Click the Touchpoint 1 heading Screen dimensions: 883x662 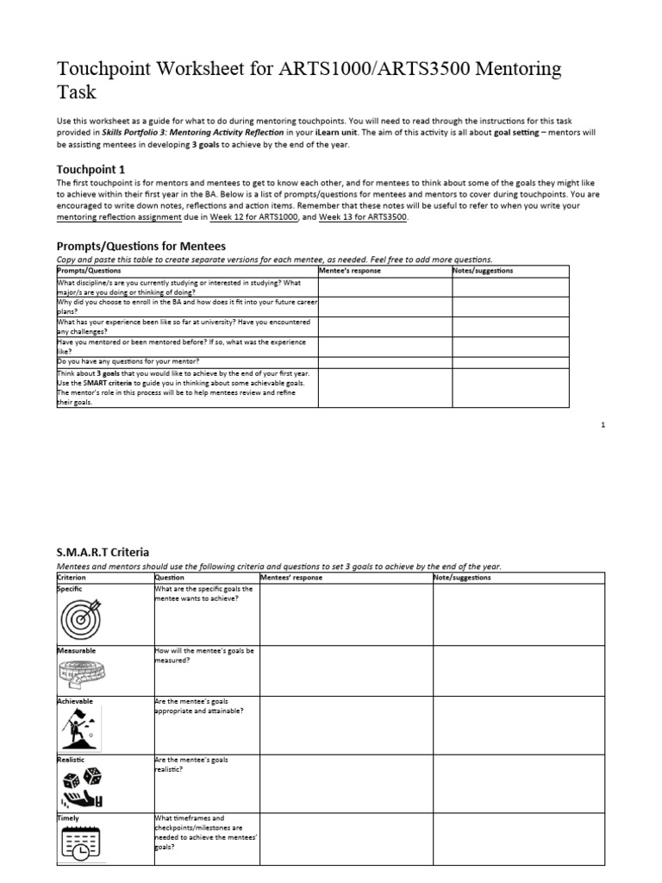click(91, 169)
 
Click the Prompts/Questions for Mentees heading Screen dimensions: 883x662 click(141, 246)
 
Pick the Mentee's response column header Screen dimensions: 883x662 click(350, 271)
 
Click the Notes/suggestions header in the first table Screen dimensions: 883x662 click(483, 271)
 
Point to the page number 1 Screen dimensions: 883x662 click(603, 425)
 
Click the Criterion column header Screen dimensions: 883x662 click(73, 577)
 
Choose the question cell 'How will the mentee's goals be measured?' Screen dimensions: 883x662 click(203, 655)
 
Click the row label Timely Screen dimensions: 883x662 click(68, 817)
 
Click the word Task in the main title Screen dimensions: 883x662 click(76, 91)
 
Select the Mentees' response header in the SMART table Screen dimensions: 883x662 click(291, 577)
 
